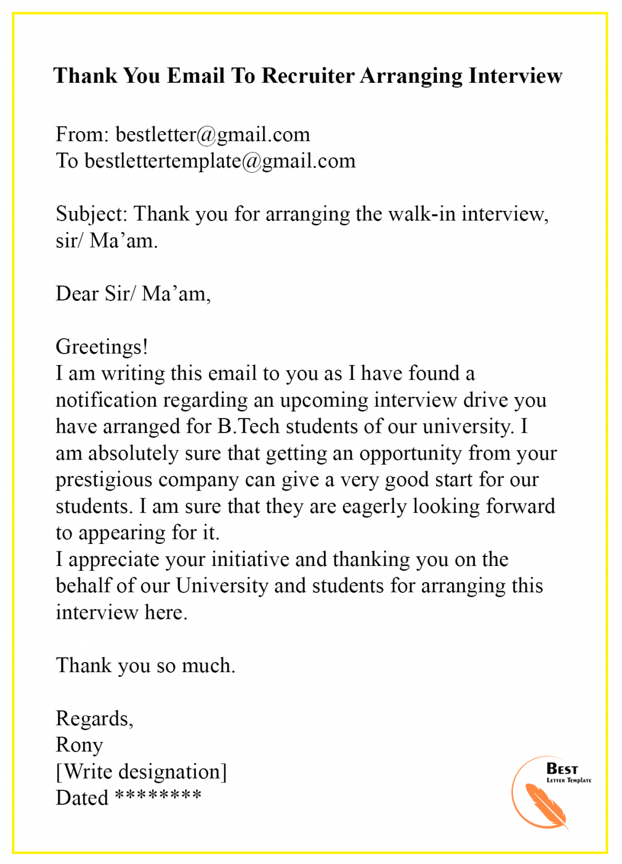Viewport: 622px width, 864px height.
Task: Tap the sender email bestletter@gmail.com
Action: click(x=213, y=134)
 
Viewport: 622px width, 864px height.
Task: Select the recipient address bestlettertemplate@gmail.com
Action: click(x=220, y=161)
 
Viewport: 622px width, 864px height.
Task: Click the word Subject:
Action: click(x=92, y=214)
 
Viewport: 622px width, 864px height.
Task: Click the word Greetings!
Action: click(x=102, y=347)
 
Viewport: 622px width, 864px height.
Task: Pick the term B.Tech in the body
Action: click(x=248, y=426)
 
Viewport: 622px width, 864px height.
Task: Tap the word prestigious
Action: click(x=104, y=480)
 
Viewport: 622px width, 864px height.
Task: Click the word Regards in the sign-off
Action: click(x=93, y=719)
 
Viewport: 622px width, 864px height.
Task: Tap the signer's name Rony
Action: click(x=79, y=745)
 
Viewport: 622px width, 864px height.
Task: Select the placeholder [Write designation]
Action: click(x=141, y=772)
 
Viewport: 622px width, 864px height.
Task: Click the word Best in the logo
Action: click(x=562, y=768)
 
